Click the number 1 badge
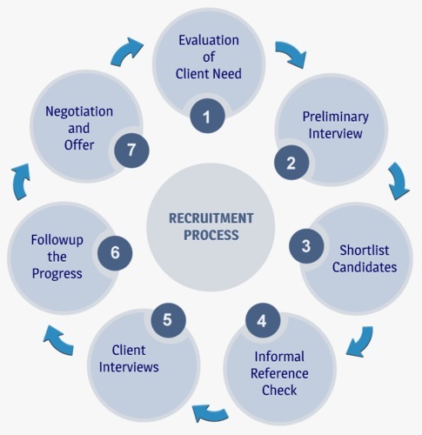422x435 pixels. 207,116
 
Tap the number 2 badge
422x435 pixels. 291,163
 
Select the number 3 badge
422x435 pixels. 306,246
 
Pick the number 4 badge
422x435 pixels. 263,320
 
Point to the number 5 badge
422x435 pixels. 168,319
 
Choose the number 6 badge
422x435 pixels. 115,252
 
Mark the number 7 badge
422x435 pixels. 131,150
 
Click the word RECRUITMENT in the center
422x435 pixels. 211,218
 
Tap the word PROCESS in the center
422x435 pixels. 211,235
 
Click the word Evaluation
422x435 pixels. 209,40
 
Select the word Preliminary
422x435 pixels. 336,117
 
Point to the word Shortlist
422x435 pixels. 365,250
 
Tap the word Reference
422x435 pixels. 279,373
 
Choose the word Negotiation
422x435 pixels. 79,112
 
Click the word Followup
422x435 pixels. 57,240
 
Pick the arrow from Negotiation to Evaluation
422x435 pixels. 127,51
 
